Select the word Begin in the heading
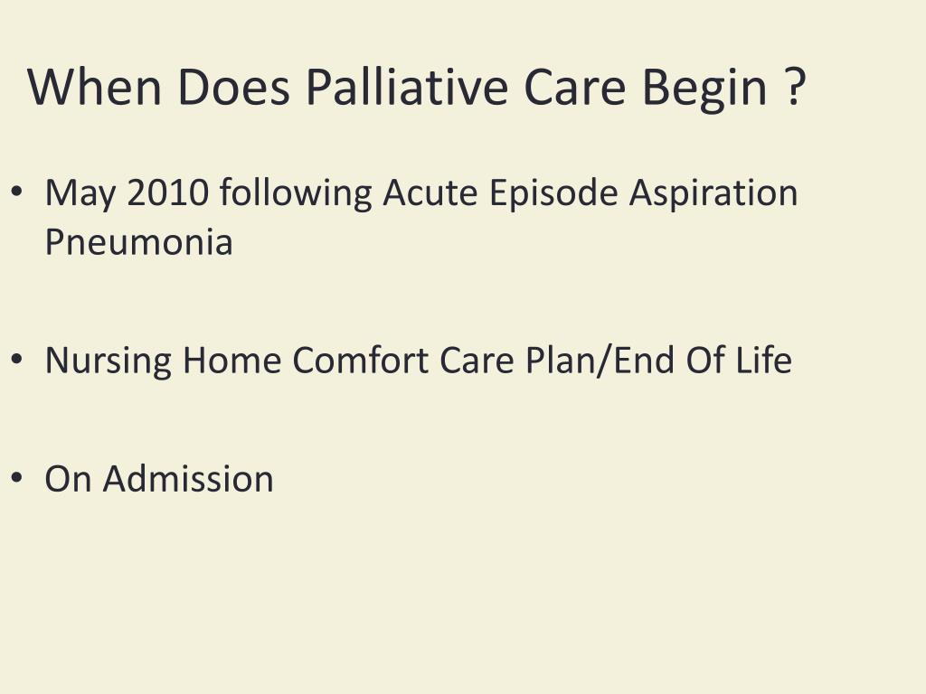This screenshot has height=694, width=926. pyautogui.click(x=704, y=88)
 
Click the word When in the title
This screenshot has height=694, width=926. pyautogui.click(x=95, y=88)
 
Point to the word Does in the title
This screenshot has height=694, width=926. pyautogui.click(x=233, y=88)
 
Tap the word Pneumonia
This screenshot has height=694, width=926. pyautogui.click(x=138, y=242)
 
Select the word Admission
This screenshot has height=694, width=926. pyautogui.click(x=188, y=479)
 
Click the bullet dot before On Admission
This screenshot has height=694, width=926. pyautogui.click(x=18, y=479)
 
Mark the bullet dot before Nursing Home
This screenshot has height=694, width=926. pyautogui.click(x=18, y=361)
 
